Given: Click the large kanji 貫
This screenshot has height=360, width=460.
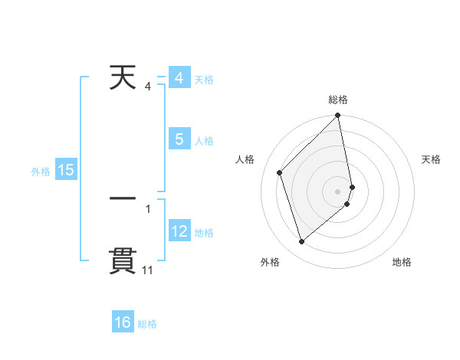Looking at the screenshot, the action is point(123,260).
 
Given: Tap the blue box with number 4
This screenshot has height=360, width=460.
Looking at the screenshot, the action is point(179,79).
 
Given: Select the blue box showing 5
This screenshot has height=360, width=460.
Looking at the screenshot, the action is point(179,139).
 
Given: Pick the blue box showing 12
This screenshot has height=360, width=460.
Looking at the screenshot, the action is point(179,231).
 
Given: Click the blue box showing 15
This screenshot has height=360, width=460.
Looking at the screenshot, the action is point(66,170).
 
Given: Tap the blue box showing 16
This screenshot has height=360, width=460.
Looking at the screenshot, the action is point(123,322).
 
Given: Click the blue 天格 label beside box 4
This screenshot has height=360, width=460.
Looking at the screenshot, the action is point(204,80).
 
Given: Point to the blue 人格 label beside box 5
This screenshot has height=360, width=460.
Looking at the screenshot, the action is point(204,141).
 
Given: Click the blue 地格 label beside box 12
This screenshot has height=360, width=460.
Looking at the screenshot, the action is point(204,232).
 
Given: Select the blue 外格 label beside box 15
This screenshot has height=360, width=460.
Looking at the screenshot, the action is point(41,172).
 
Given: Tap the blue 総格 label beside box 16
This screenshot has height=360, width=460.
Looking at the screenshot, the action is point(147,324).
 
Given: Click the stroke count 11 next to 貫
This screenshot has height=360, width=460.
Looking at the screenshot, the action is point(147,270).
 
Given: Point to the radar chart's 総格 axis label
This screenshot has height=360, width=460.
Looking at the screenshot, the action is point(338,100).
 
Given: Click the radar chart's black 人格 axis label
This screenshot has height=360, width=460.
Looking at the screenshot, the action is point(245,159).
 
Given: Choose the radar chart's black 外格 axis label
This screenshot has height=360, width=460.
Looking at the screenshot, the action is point(270,262).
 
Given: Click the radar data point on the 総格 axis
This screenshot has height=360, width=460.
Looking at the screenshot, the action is point(338,116).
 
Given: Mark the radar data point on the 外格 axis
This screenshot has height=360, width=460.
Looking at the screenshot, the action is point(301,242).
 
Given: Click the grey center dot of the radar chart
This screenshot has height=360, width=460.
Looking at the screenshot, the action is point(338,191).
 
